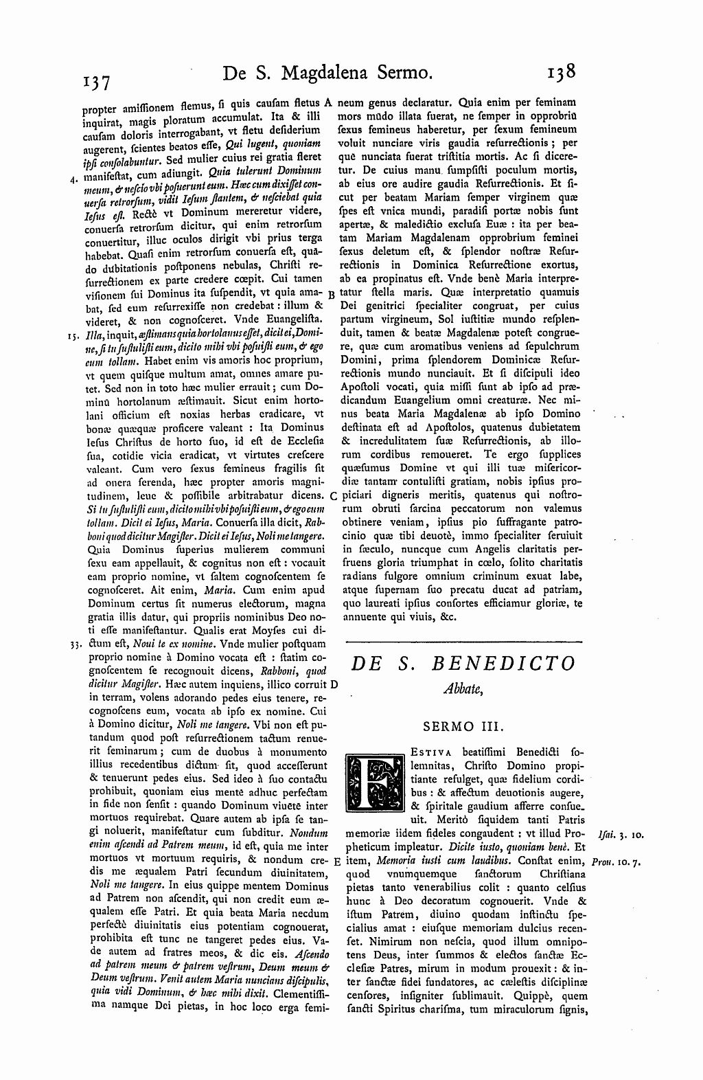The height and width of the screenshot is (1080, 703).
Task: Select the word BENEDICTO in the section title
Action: (504, 664)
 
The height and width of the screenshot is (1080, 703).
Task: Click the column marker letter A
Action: (327, 102)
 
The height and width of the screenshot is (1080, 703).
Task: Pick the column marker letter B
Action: (331, 293)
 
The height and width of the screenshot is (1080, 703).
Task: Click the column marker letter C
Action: (332, 495)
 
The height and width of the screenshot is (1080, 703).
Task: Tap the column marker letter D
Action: (333, 685)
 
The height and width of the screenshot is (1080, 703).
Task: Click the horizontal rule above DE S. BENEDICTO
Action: (462, 641)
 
